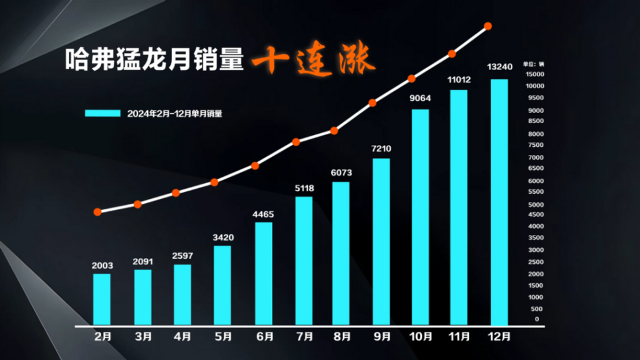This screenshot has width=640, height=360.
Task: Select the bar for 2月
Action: [102, 299]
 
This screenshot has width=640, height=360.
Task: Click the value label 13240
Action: [499, 67]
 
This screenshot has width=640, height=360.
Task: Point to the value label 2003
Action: [102, 265]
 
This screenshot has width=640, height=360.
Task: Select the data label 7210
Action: [381, 149]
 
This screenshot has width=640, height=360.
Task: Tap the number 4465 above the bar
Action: [263, 214]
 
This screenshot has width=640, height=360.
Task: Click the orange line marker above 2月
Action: [97, 212]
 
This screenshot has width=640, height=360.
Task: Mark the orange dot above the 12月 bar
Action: [488, 26]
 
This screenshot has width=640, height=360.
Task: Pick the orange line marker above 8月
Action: [334, 131]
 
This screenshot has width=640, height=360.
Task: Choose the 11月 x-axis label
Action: [459, 336]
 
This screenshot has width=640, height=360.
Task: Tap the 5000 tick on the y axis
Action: [534, 204]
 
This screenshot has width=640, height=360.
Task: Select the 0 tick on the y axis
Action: [537, 319]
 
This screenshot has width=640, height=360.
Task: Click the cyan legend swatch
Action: [102, 113]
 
